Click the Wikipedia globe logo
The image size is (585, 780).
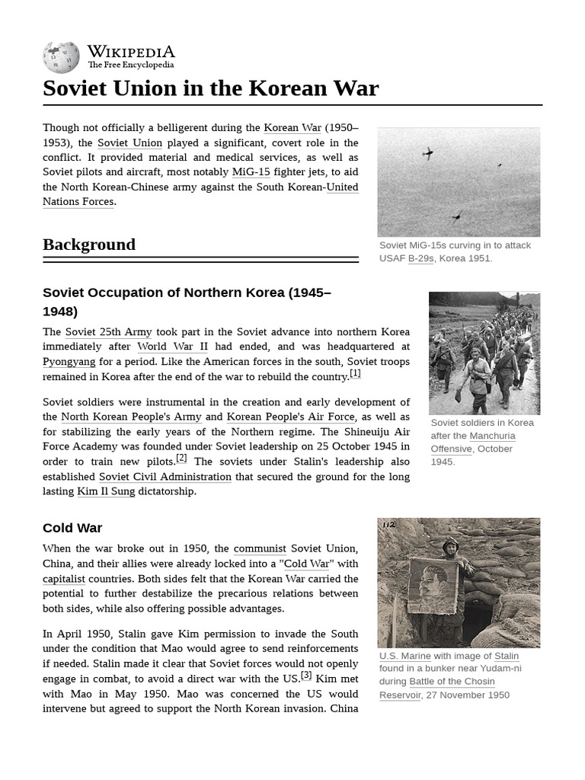tap(61, 58)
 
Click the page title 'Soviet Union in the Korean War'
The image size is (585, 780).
tap(210, 88)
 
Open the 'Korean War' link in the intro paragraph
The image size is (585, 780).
tap(292, 128)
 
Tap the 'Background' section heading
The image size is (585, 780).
tap(89, 245)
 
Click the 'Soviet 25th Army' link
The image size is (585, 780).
tap(108, 332)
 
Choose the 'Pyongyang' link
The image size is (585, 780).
tap(69, 362)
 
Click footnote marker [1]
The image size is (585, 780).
tap(355, 373)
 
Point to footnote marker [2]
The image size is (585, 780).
tap(181, 458)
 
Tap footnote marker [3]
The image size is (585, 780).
tap(306, 675)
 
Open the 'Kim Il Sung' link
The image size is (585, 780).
tap(106, 491)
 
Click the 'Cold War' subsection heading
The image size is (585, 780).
tap(72, 528)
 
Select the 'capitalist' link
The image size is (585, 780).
tap(64, 579)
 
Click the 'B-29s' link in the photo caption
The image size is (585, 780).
tap(420, 258)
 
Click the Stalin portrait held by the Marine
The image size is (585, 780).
tap(433, 586)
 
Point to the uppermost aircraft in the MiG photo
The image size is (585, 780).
tap(428, 154)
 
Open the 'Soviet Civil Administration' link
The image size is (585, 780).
tap(165, 477)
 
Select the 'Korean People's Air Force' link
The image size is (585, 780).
tap(290, 417)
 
